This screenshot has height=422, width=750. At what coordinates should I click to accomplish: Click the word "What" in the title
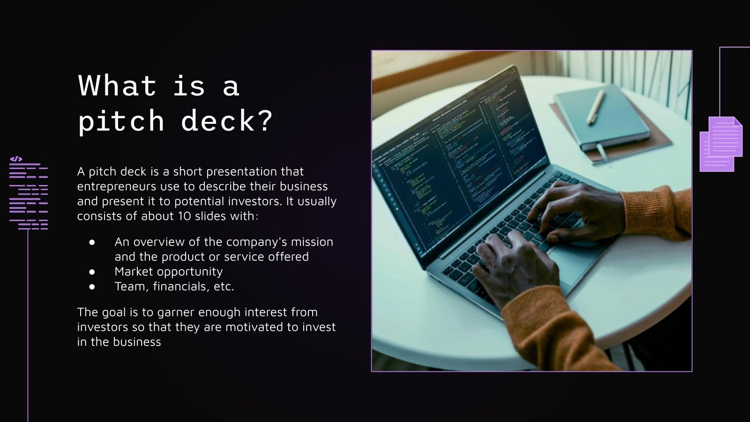pos(117,86)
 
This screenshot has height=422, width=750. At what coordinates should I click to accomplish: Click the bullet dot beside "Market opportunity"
pos(92,272)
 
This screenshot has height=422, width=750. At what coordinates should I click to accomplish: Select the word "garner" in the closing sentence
pos(176,312)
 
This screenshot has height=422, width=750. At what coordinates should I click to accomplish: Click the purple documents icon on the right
pos(721,144)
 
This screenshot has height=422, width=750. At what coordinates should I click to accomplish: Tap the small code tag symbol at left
pos(16,159)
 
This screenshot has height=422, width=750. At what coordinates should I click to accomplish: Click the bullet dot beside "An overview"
pos(92,242)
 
